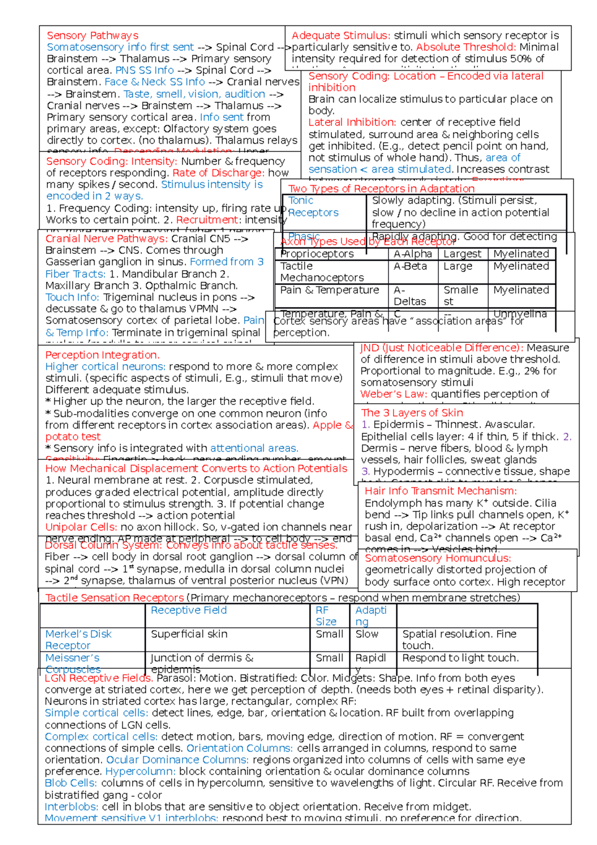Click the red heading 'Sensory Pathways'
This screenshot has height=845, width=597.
(93, 35)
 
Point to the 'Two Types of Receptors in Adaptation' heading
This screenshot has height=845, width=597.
(382, 189)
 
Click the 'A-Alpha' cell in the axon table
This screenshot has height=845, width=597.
(412, 254)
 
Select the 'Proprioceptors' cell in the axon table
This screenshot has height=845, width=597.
(317, 254)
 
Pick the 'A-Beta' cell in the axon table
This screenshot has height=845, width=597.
(410, 266)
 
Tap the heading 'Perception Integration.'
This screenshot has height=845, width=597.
(102, 355)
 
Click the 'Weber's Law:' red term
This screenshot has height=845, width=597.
(394, 394)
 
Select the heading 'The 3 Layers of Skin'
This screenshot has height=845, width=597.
(412, 413)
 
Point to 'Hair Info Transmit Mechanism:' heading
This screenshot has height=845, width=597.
(440, 491)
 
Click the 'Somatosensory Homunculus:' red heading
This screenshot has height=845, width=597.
(438, 558)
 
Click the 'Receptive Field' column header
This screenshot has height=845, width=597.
(189, 610)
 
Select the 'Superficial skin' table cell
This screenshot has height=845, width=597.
(189, 634)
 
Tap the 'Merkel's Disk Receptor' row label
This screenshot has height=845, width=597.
(78, 639)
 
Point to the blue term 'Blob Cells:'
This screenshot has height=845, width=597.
(71, 783)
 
